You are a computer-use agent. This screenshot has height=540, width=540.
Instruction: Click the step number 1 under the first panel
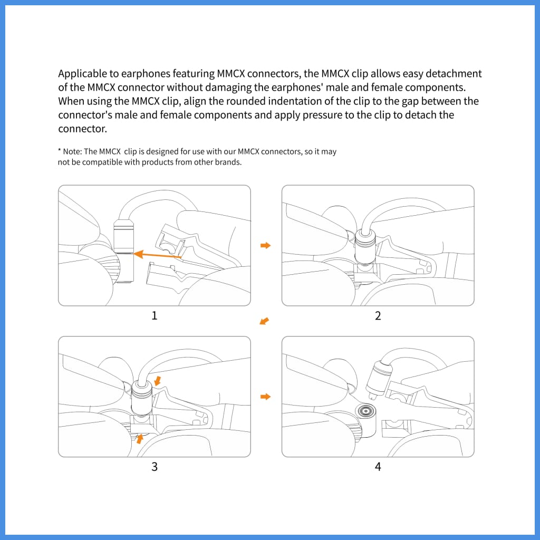tap(155, 315)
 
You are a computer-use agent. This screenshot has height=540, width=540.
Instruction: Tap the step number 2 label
tap(378, 315)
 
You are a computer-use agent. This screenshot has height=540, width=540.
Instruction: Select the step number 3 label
tap(155, 466)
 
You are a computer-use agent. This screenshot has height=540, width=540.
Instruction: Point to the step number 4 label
tap(378, 466)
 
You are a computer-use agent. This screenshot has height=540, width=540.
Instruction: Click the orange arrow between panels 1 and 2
tap(266, 245)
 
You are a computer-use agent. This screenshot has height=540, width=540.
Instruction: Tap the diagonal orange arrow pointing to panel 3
tap(265, 321)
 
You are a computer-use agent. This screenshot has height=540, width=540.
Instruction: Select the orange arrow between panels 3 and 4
tap(266, 396)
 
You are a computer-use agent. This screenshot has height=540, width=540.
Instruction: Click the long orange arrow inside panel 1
tap(158, 256)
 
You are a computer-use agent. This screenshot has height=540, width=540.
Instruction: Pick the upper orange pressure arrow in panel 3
tap(159, 381)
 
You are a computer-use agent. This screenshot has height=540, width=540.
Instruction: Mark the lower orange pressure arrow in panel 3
tap(140, 438)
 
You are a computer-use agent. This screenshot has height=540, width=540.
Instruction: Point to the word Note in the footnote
tap(72, 152)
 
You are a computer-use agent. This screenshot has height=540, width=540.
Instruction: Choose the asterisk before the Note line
tap(60, 151)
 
